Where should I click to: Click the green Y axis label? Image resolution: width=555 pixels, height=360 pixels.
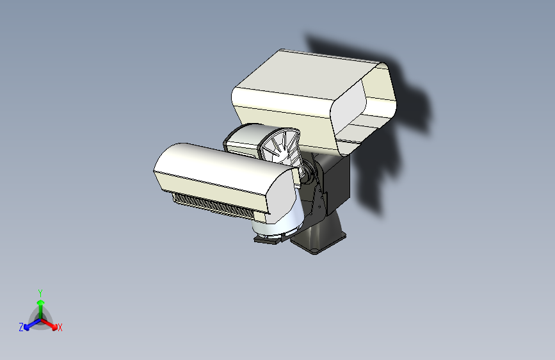[40, 291]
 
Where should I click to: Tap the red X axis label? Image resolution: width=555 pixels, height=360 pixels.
[60, 328]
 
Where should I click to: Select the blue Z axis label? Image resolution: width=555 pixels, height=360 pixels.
[21, 327]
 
